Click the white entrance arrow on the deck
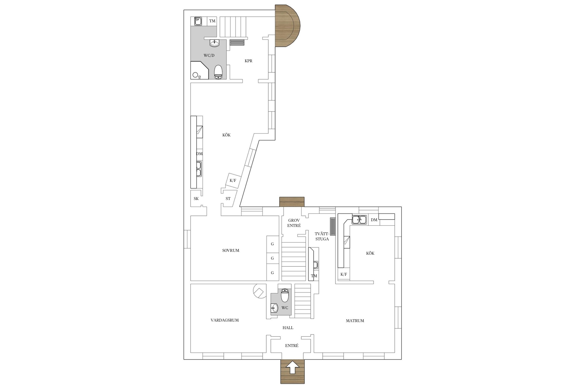(x=293, y=367)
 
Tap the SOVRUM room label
(x=231, y=251)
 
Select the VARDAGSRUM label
(x=225, y=320)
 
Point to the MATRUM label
(x=355, y=321)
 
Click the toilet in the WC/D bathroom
(x=218, y=72)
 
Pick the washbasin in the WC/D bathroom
(x=214, y=43)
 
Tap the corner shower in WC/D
(x=200, y=70)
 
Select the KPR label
(x=248, y=61)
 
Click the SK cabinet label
(x=196, y=199)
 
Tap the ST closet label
(x=228, y=199)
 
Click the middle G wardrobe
(x=273, y=258)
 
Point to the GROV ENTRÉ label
(x=294, y=223)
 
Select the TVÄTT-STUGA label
(x=322, y=237)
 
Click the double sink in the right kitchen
(x=359, y=219)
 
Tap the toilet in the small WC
(x=285, y=296)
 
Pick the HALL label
(x=288, y=328)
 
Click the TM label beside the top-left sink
(x=212, y=21)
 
